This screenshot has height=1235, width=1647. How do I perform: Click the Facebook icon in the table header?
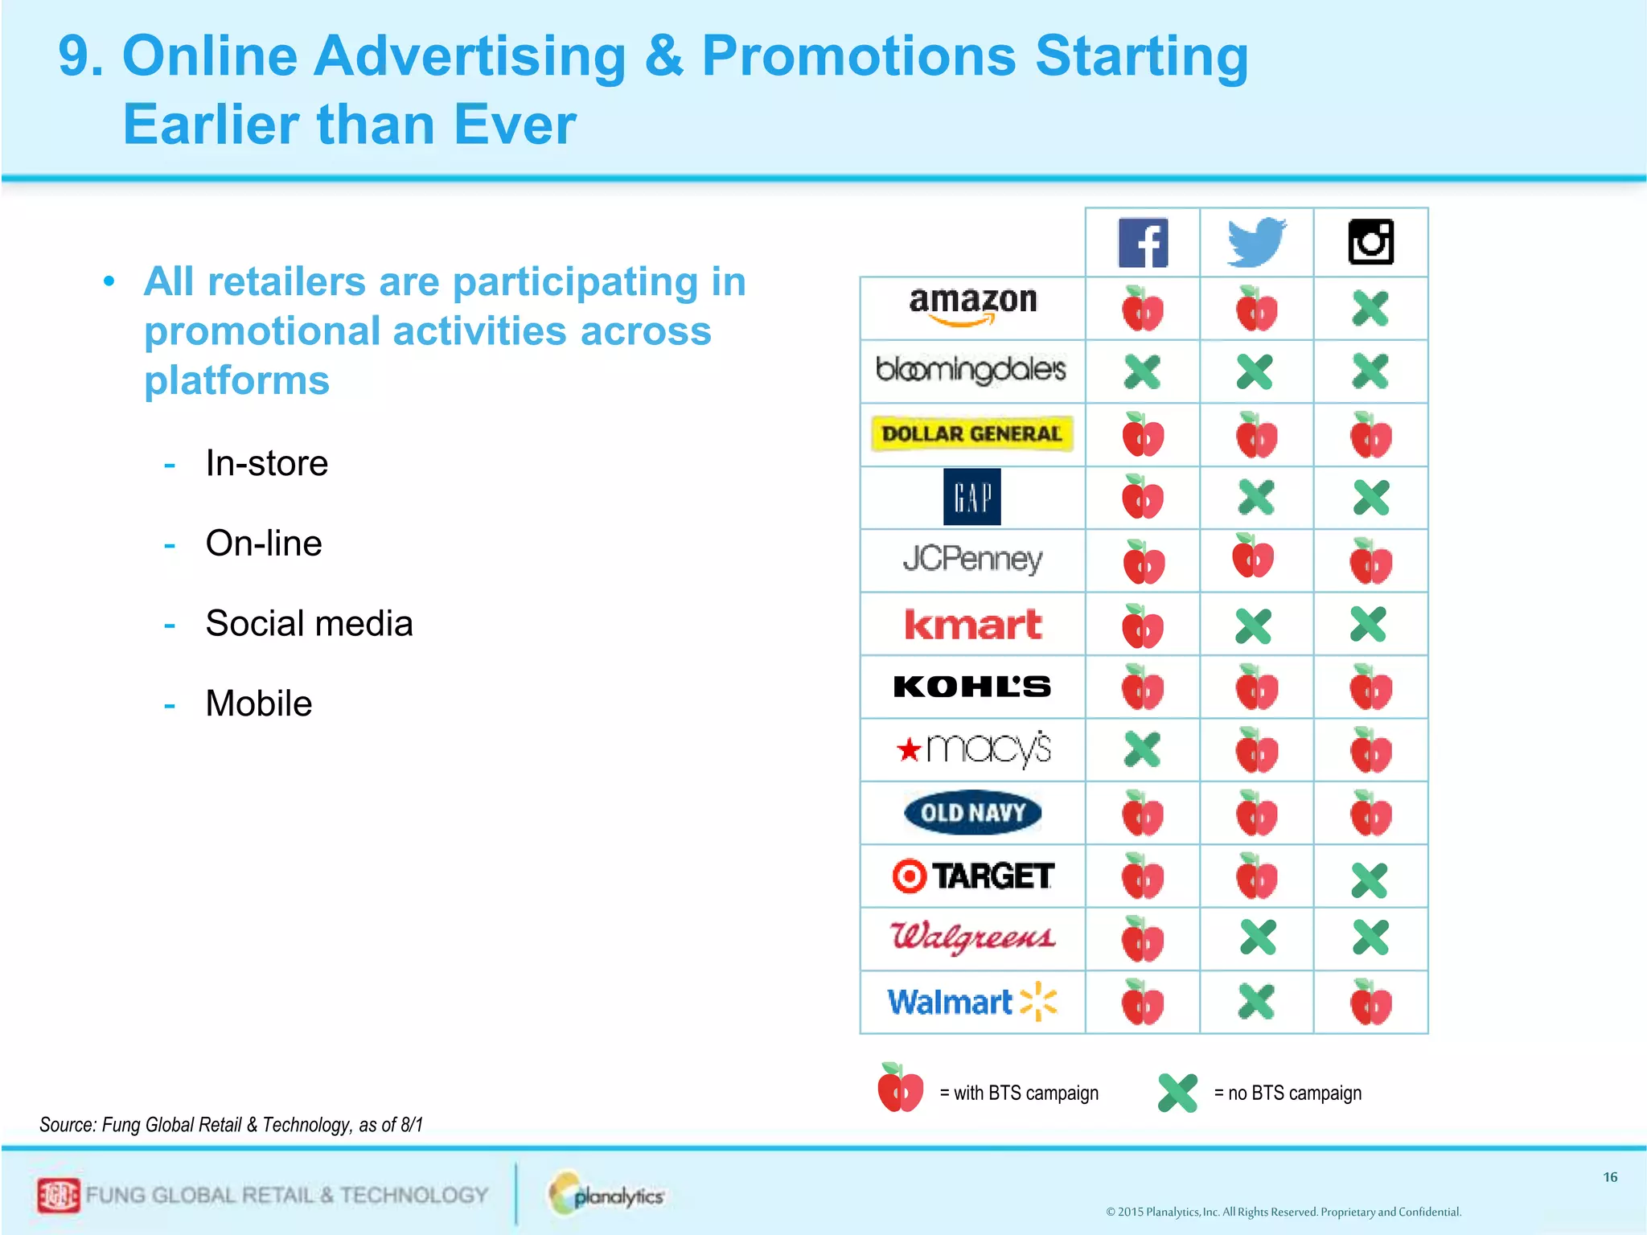click(1143, 243)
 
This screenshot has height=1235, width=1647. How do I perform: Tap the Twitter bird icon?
click(1257, 241)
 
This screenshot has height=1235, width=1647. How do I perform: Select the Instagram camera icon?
click(1371, 242)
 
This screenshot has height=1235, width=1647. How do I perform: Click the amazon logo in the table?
click(973, 306)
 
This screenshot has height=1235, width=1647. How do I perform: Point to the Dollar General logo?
click(972, 433)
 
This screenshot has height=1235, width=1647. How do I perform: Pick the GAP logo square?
click(972, 497)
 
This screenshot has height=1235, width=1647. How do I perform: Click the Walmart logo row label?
click(972, 1002)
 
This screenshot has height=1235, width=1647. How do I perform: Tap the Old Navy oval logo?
click(972, 812)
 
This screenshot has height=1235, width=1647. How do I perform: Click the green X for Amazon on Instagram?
click(1370, 309)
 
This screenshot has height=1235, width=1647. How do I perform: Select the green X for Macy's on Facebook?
click(1143, 749)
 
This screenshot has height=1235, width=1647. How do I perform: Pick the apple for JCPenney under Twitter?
click(1253, 556)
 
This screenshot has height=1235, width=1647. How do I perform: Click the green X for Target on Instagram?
click(1370, 880)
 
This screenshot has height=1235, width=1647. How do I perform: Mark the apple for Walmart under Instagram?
click(1371, 1003)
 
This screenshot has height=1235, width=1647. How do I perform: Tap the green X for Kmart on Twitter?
click(1254, 626)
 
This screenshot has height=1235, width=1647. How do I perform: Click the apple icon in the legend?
click(901, 1089)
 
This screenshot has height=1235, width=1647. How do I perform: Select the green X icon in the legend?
click(1178, 1093)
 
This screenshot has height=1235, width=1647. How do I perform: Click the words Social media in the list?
click(309, 623)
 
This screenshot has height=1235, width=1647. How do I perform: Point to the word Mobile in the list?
click(258, 704)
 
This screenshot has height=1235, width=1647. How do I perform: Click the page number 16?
click(1610, 1177)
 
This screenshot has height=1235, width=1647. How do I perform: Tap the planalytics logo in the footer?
click(608, 1195)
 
